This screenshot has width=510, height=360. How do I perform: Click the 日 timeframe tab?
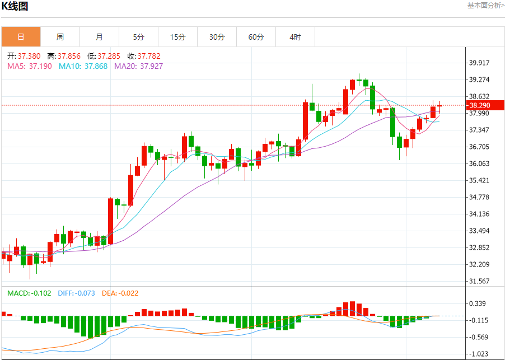click(x=21, y=37)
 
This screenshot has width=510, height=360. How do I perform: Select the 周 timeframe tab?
click(x=60, y=37)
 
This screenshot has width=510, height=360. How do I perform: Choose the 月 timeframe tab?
click(x=99, y=37)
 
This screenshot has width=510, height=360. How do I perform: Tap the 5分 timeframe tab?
click(x=138, y=37)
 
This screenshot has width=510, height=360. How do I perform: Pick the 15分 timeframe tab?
click(x=177, y=37)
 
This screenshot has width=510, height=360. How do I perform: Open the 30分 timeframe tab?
click(x=217, y=37)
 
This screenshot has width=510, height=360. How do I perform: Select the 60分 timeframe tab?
click(x=256, y=37)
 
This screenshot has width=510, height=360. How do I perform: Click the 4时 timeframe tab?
click(x=295, y=37)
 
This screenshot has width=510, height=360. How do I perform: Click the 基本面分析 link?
click(x=485, y=6)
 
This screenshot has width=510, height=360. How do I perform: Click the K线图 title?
click(x=15, y=7)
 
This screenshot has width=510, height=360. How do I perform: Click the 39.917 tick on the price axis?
click(x=479, y=63)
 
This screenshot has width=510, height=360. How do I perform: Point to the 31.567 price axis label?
click(x=479, y=281)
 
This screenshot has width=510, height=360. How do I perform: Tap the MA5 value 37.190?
click(x=40, y=66)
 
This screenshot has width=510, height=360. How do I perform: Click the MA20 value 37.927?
click(x=152, y=66)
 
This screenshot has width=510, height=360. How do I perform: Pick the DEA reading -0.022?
click(x=129, y=293)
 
